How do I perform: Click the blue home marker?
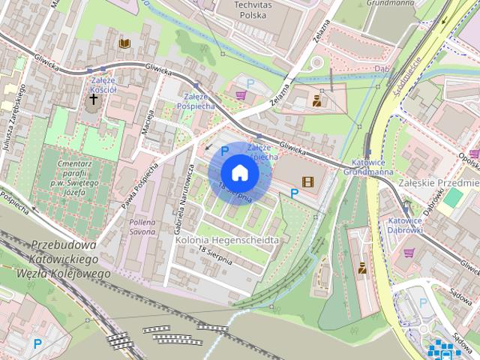pyautogui.click(x=239, y=173)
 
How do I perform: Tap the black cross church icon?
pyautogui.click(x=94, y=99)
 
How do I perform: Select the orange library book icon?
pyautogui.click(x=124, y=44)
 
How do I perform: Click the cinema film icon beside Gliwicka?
pyautogui.click(x=307, y=181)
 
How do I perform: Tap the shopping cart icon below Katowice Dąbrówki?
pyautogui.click(x=409, y=253)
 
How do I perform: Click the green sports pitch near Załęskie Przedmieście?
pyautogui.click(x=453, y=197)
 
